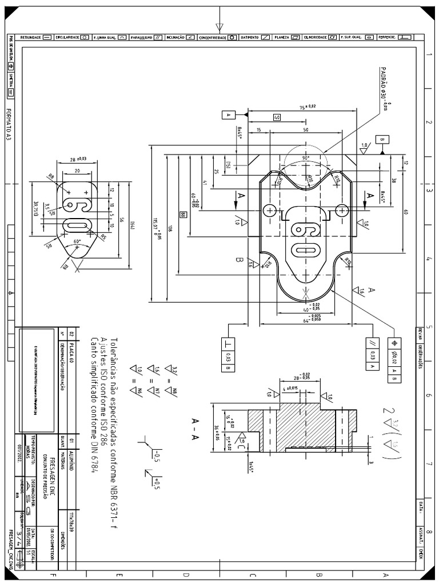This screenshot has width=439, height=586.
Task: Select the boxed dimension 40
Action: [x=277, y=117]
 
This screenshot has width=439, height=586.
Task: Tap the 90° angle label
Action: [x=306, y=159]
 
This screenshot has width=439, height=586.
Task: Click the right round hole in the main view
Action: [x=342, y=210]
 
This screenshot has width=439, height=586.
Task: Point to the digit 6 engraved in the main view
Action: [x=300, y=229]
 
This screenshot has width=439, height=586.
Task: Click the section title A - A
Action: [x=195, y=430]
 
